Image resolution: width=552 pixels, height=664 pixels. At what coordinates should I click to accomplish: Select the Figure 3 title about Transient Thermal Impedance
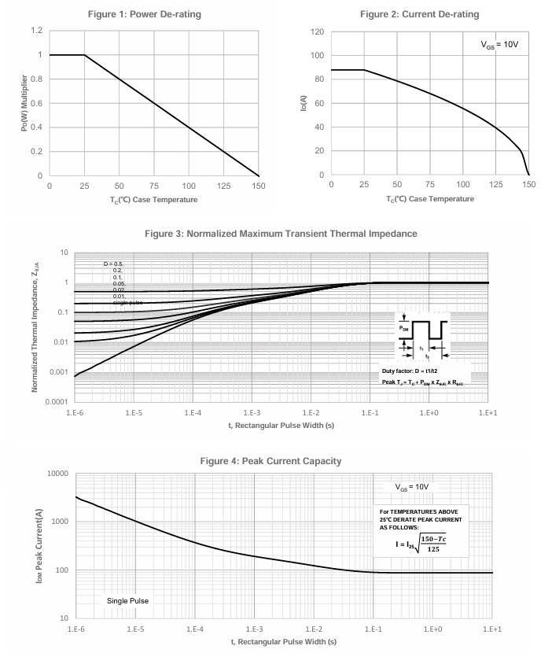[x=282, y=234]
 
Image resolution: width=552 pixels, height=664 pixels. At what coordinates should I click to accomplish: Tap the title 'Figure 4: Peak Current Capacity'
[x=282, y=460]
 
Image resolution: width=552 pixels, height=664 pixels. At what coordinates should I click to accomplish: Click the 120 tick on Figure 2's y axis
[x=318, y=31]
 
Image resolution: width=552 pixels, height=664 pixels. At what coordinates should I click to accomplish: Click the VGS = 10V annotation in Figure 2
[x=499, y=45]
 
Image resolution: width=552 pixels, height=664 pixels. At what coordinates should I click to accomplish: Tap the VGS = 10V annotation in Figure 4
[x=412, y=487]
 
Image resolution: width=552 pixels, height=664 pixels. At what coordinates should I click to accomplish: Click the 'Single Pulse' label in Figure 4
[x=127, y=601]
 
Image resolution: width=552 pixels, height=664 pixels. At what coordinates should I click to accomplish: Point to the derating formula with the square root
[x=421, y=544]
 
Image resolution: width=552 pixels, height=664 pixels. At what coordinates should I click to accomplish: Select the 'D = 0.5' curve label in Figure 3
[x=113, y=264]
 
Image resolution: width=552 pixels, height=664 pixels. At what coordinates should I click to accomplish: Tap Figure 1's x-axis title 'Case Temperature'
[x=154, y=199]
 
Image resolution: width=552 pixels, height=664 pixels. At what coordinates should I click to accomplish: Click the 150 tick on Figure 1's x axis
[x=259, y=186]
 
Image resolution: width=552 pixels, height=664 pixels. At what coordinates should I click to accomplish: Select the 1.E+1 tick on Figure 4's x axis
[x=492, y=630]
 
